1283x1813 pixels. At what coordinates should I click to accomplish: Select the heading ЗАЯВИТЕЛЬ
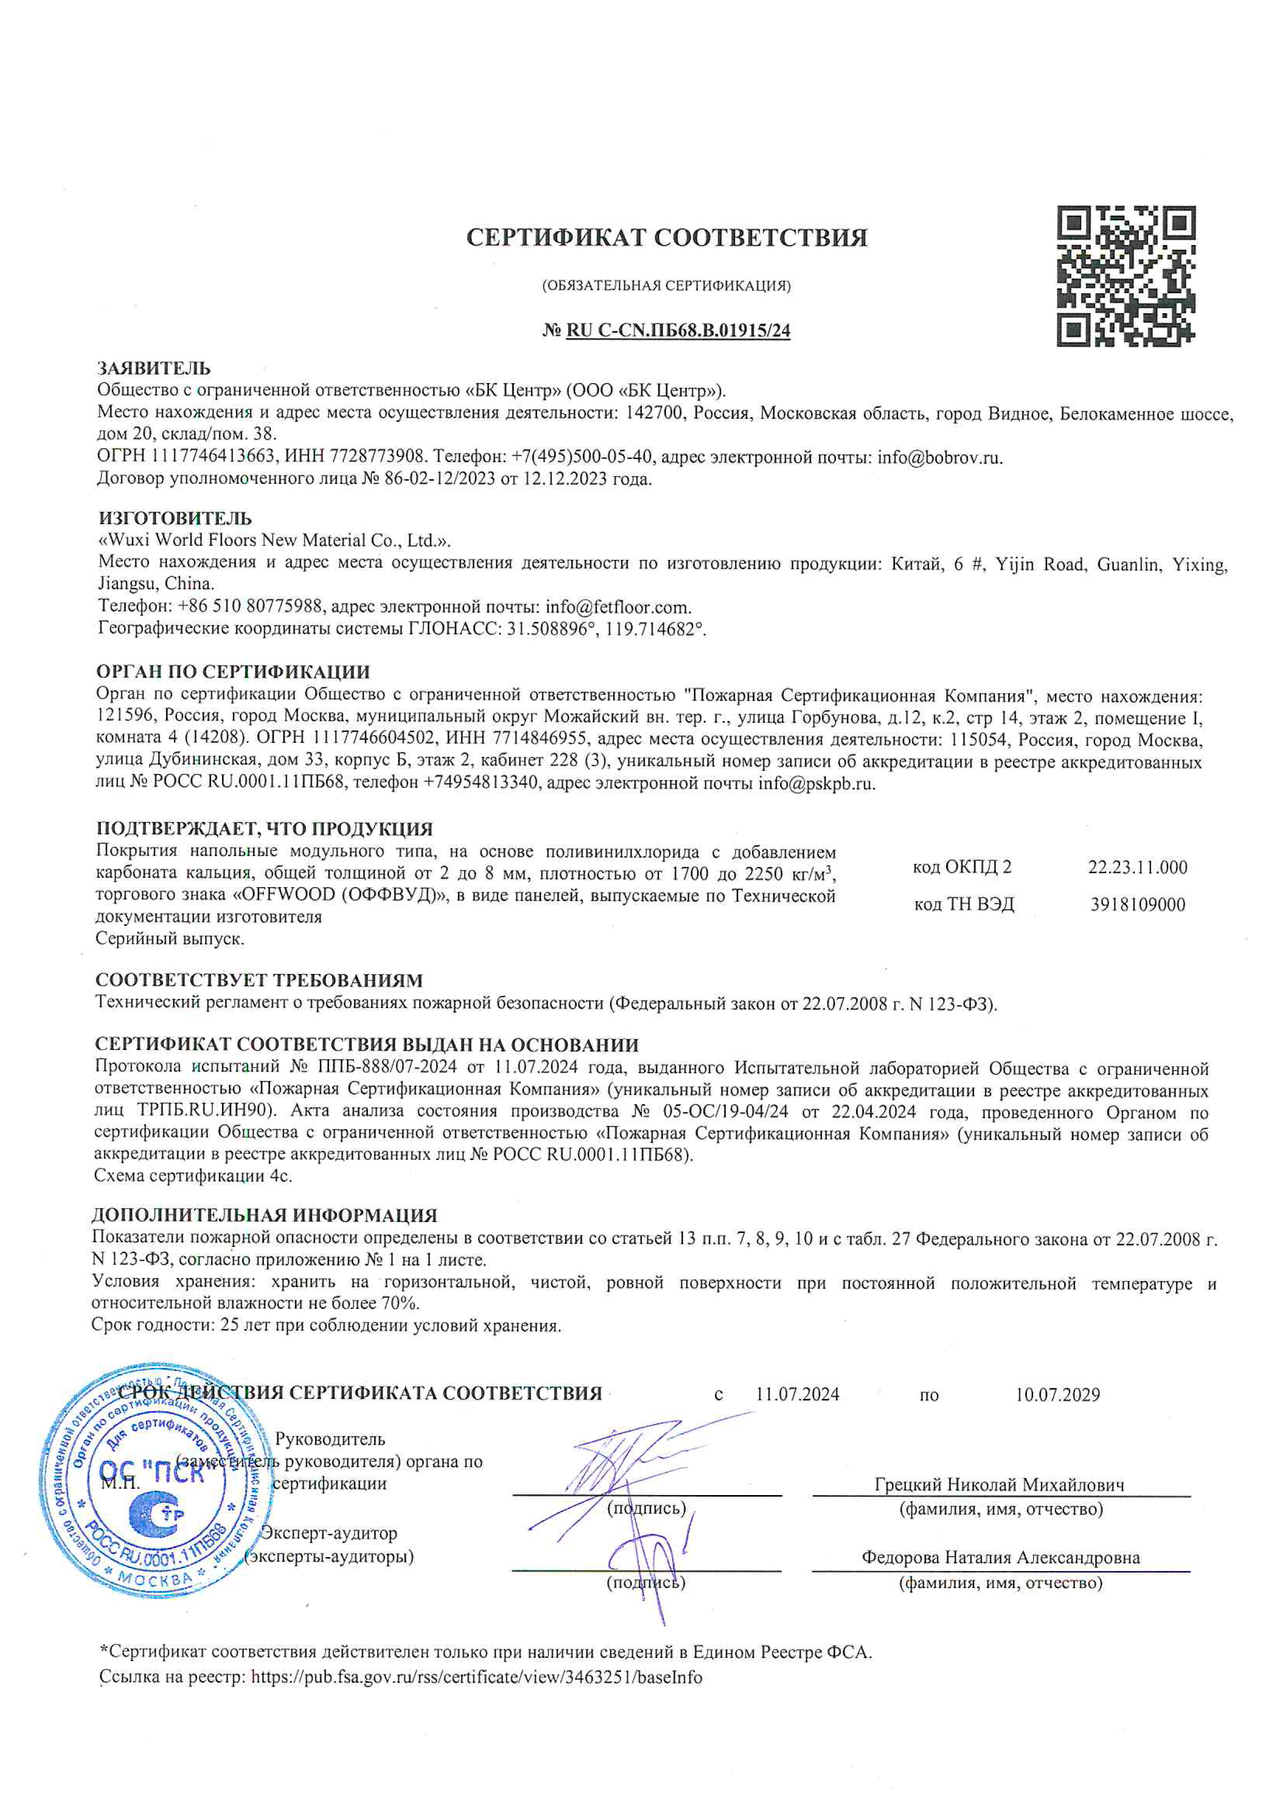(153, 368)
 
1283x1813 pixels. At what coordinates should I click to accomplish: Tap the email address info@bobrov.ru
(939, 457)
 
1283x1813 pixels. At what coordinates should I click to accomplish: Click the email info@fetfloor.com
(618, 607)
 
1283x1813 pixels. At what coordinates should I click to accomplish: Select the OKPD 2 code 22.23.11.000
(1137, 867)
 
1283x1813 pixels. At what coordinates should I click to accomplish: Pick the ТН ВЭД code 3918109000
(1137, 904)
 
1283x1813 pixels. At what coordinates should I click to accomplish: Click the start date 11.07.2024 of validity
(797, 1394)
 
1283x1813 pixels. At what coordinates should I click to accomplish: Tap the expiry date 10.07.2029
(1057, 1394)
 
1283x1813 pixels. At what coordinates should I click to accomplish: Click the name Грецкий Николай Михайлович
(999, 1485)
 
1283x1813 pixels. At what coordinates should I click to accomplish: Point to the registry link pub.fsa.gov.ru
(476, 1677)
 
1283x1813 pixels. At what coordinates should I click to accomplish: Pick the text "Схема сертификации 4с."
(193, 1176)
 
